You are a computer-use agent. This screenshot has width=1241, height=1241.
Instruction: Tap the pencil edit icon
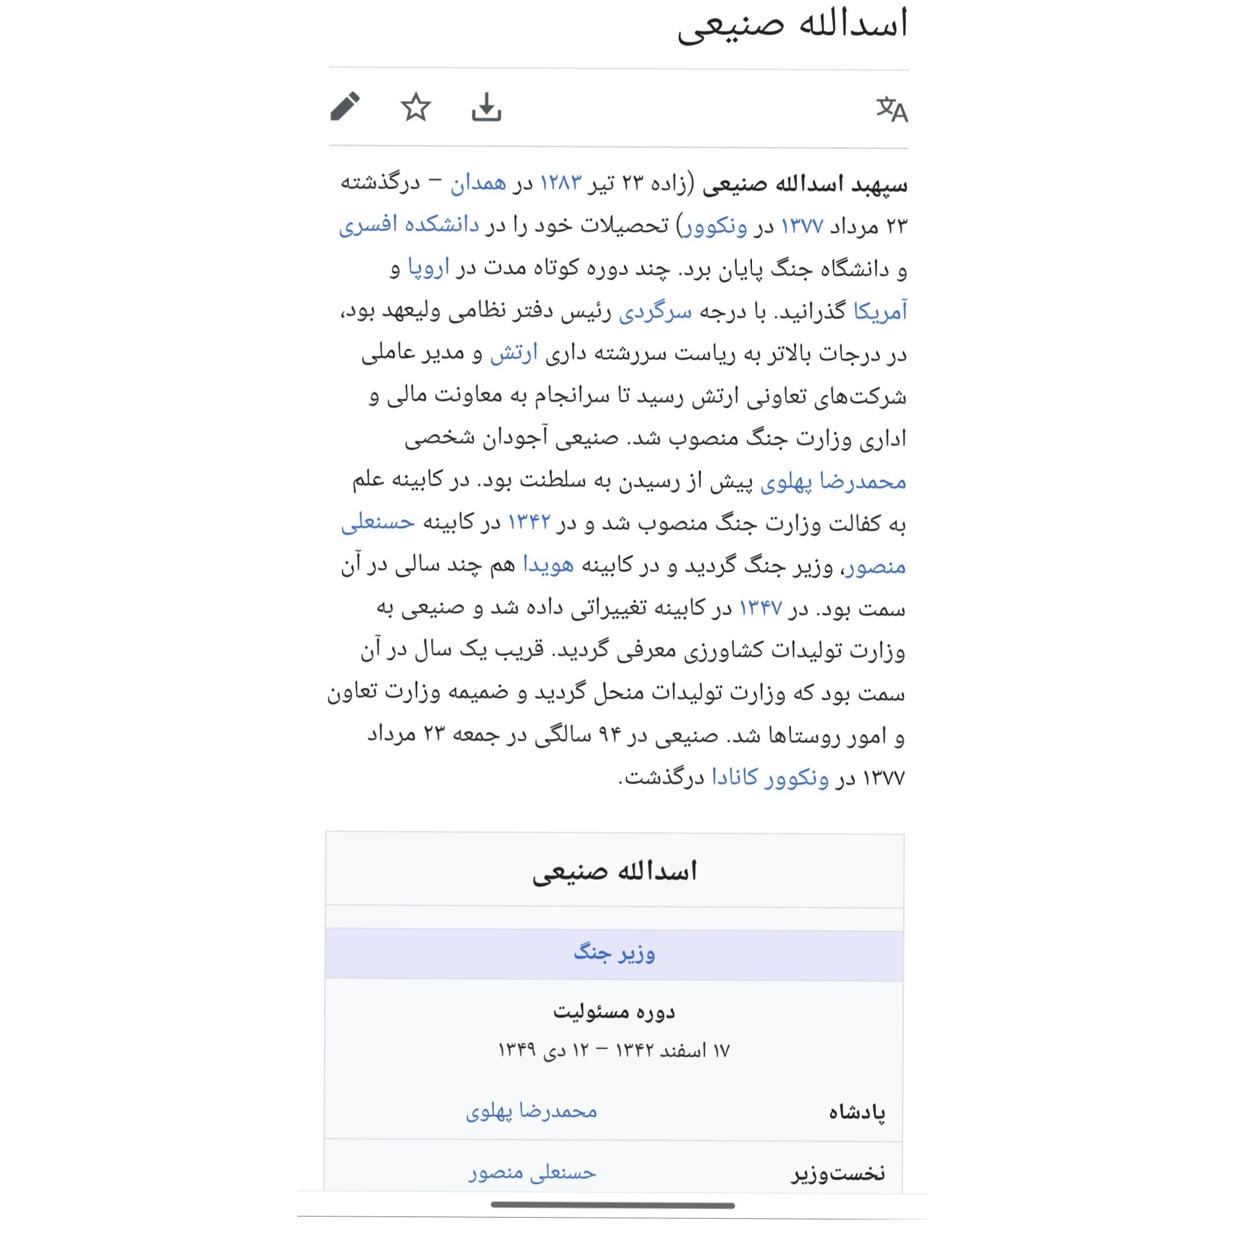click(x=345, y=106)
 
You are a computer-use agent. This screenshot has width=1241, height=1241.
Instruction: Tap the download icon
click(x=486, y=108)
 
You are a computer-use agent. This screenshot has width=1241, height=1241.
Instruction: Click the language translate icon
click(x=892, y=109)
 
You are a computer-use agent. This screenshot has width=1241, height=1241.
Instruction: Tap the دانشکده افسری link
click(x=409, y=226)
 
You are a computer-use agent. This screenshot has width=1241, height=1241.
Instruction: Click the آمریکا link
click(x=879, y=312)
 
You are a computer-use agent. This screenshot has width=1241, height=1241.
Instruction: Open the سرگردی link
click(x=655, y=312)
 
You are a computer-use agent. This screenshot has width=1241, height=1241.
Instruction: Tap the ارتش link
click(x=514, y=355)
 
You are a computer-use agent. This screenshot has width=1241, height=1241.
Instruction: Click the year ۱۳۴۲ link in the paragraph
click(x=529, y=523)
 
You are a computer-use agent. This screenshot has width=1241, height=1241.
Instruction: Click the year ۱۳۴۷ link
click(x=761, y=608)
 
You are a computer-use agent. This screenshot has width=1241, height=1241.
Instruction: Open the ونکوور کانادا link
click(x=770, y=778)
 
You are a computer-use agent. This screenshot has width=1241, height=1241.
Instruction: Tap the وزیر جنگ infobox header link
click(x=614, y=953)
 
